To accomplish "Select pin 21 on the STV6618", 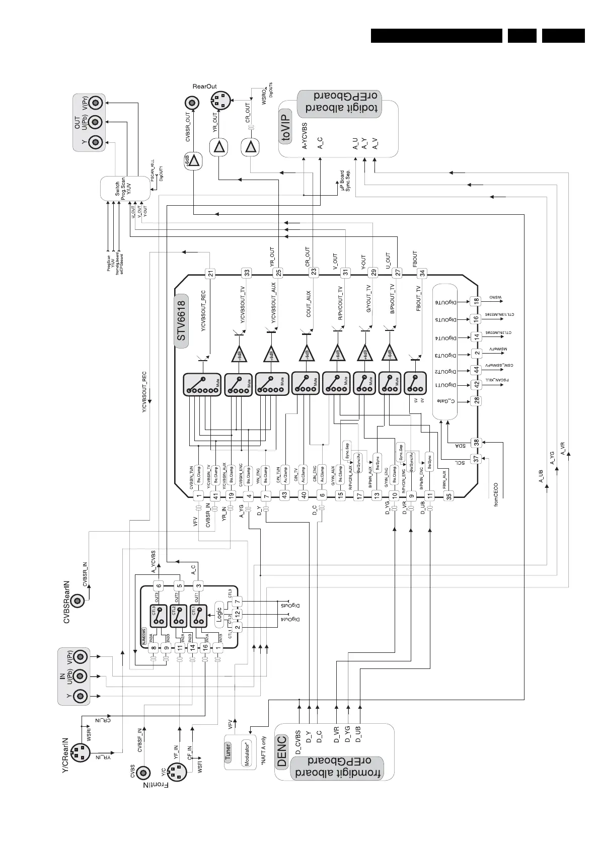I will click(x=211, y=274).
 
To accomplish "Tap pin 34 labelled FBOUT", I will click(x=422, y=274).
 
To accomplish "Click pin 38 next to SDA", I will click(x=476, y=443).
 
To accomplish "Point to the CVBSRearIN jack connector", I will click(x=78, y=601).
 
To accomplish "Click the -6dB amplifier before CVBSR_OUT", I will click(x=193, y=161).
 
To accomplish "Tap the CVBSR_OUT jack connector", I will click(x=191, y=103).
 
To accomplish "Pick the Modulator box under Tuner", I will click(x=247, y=753).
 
